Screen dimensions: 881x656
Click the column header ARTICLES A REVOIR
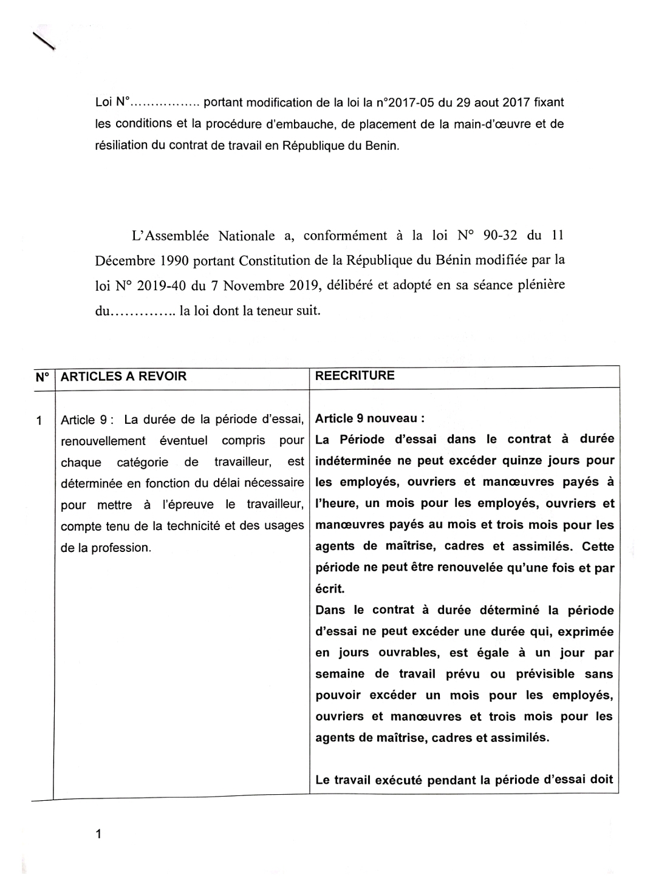tap(124, 376)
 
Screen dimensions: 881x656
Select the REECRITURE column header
tap(355, 376)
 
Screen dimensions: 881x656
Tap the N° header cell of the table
tap(42, 376)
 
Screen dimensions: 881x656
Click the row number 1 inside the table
tap(39, 420)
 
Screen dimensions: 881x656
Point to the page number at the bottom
tap(98, 834)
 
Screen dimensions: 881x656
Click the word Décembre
tap(125, 260)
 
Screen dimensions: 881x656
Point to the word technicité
tap(191, 526)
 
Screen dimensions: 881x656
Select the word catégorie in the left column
tap(142, 462)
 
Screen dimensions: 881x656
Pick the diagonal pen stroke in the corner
tap(44, 39)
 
